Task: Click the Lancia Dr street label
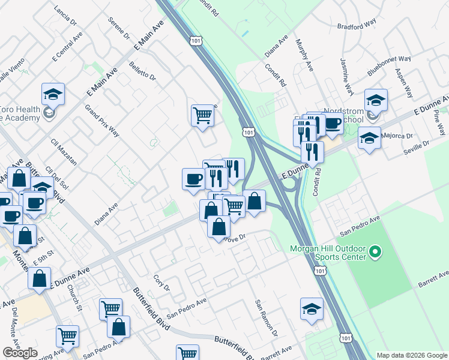click(66, 15)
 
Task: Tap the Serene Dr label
click(119, 28)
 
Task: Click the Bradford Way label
click(357, 24)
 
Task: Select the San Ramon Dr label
click(267, 317)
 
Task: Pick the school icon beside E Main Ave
click(53, 94)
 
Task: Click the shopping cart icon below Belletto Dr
click(203, 114)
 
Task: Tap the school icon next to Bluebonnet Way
click(376, 100)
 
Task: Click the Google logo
click(20, 353)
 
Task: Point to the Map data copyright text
click(411, 355)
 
